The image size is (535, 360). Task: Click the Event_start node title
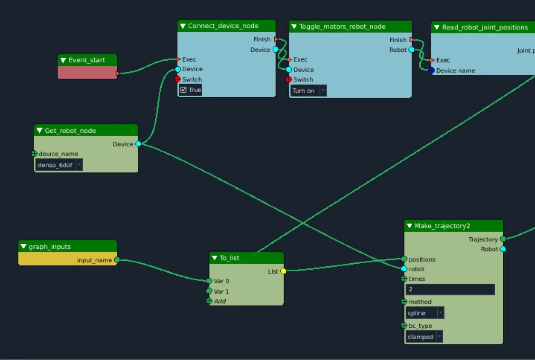pos(87,60)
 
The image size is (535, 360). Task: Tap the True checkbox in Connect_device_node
pos(184,90)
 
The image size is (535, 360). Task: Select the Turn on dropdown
pos(308,91)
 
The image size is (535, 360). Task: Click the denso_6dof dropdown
pos(59,165)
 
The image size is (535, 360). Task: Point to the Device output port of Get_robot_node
pos(138,144)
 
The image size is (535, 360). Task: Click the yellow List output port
pos(283,271)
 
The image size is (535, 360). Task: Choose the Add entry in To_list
pos(220,301)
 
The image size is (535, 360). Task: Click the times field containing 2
pos(450,290)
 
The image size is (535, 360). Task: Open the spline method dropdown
pos(425,313)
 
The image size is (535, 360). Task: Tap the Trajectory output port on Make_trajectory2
pos(503,240)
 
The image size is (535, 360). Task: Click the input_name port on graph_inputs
pos(117,260)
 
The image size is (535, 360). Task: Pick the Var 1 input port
pos(209,291)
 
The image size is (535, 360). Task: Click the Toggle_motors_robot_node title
pos(342,27)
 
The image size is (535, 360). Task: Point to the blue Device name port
pos(432,71)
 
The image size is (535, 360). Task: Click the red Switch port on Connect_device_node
pos(178,79)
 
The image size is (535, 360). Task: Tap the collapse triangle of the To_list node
pos(214,258)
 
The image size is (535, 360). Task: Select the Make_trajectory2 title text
pos(442,226)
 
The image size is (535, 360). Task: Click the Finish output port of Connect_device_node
pos(276,39)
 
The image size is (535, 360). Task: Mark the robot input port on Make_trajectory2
pos(404,269)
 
